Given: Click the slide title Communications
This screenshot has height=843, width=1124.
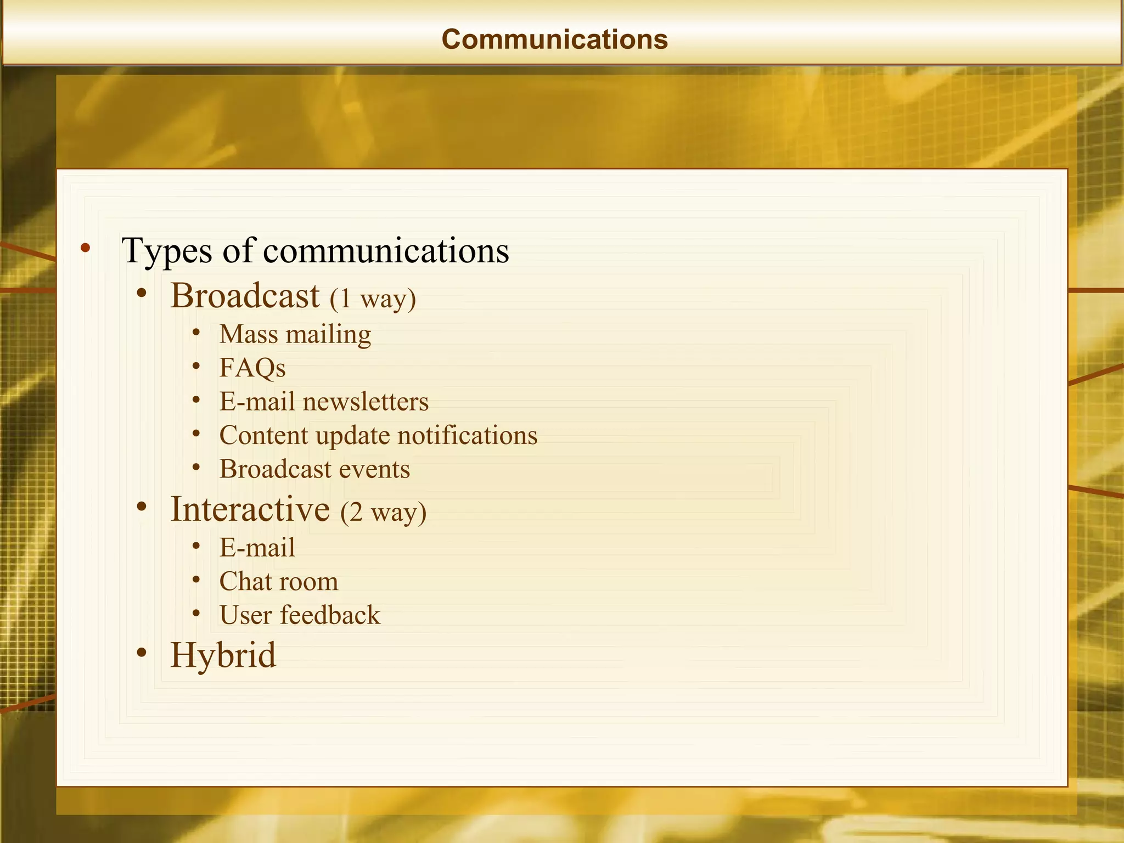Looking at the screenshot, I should click(x=554, y=40).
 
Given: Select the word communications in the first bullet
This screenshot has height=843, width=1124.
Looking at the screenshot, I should click(x=386, y=251).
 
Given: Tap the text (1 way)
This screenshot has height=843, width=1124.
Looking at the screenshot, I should click(x=373, y=299).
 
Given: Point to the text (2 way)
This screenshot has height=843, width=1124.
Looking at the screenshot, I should click(x=383, y=512).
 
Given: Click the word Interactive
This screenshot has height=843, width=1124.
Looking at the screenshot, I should click(x=250, y=509).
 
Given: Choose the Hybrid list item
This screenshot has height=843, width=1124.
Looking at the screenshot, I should click(x=223, y=655).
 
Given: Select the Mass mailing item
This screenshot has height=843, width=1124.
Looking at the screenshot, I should click(x=295, y=334).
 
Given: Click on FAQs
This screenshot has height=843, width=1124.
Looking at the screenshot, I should click(x=252, y=368).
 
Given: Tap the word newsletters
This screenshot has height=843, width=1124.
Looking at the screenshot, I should click(x=366, y=402).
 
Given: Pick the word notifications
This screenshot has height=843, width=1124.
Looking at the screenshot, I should click(x=468, y=436).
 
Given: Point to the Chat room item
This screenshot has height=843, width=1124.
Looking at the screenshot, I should click(x=279, y=582).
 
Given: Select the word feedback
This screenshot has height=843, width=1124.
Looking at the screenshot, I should click(x=330, y=615).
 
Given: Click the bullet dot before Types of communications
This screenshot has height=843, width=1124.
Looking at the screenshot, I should click(x=85, y=248).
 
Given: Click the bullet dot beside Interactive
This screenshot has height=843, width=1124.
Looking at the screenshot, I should click(x=142, y=507).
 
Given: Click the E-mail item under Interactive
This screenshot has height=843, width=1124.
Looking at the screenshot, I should click(x=257, y=548).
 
